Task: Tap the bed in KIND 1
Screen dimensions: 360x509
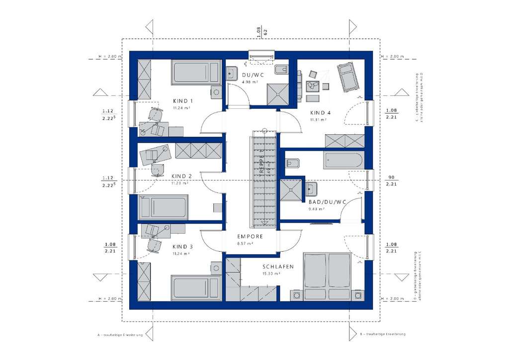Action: pyautogui.click(x=195, y=72)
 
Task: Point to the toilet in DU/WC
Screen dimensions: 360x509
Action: pyautogui.click(x=280, y=69)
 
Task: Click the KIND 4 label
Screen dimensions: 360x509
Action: pyautogui.click(x=321, y=112)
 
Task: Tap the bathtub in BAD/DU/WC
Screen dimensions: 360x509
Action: pyautogui.click(x=343, y=161)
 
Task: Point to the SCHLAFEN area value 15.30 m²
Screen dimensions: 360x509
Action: pyautogui.click(x=271, y=273)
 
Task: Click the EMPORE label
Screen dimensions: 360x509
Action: pyautogui.click(x=250, y=237)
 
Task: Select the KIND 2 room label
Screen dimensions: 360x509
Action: pyautogui.click(x=181, y=176)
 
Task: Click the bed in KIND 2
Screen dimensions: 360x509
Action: pyautogui.click(x=164, y=207)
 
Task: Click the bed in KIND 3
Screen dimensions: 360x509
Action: pyautogui.click(x=195, y=287)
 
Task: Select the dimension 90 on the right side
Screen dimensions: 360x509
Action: pyautogui.click(x=391, y=178)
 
